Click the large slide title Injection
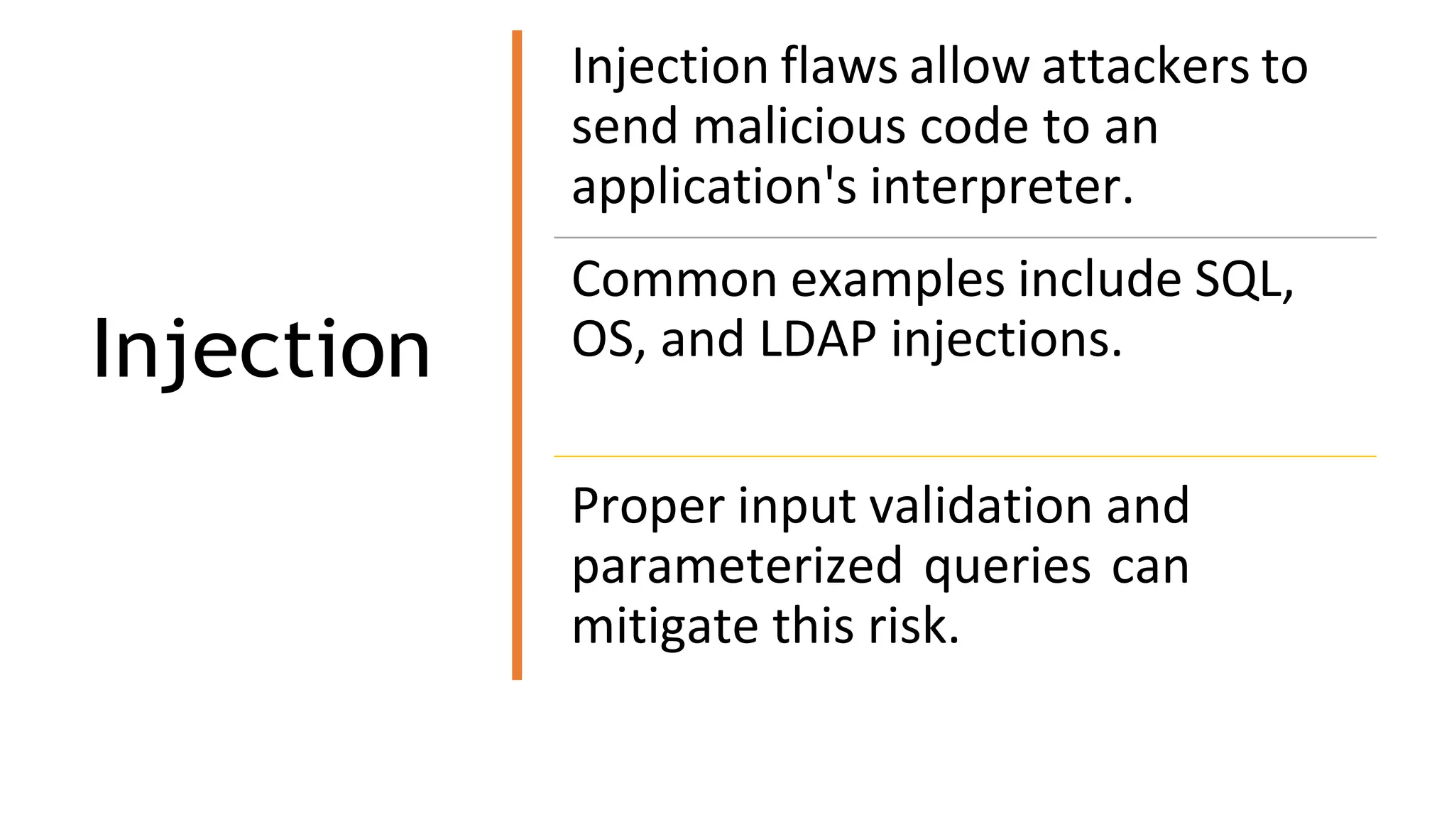pos(261,350)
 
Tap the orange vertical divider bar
pos(517,355)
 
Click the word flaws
pos(839,67)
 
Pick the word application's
pos(714,187)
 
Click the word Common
pos(674,280)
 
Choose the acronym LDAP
pos(817,340)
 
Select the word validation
pos(980,507)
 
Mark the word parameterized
pos(737,567)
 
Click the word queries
pos(1007,567)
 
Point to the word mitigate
pos(665,627)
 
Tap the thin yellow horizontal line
pos(964,456)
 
